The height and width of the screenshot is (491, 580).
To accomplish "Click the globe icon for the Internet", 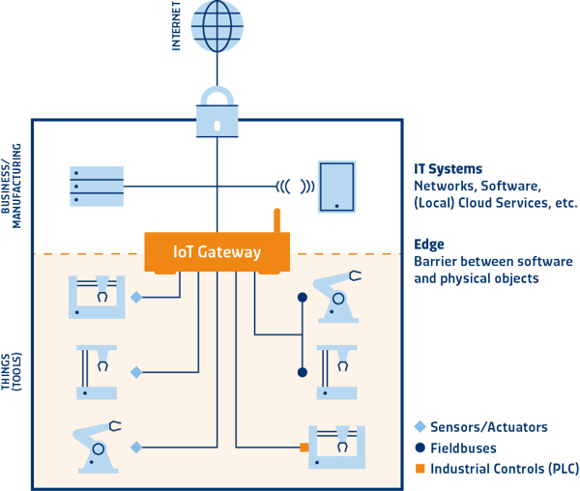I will coord(217,26).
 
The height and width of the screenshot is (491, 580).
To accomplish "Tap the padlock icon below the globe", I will coord(217,114).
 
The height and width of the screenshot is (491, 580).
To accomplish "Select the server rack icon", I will coord(97,186).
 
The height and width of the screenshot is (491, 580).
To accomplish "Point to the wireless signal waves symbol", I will coord(296,186).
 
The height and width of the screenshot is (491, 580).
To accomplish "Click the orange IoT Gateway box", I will coord(217,251).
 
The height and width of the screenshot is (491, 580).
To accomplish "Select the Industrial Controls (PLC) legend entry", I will coord(492,469).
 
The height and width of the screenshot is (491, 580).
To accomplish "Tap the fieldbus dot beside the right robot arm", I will coord(303,296).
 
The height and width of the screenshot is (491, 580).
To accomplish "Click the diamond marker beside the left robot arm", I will coord(136,447).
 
